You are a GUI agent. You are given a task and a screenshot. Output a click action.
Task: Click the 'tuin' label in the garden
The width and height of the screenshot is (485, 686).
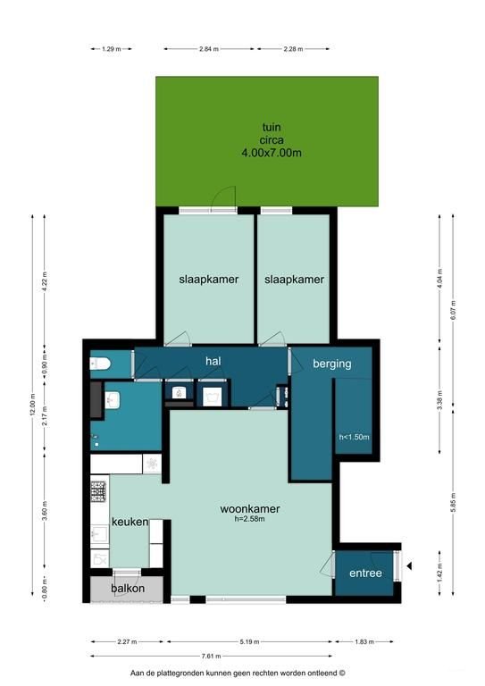pyautogui.click(x=271, y=127)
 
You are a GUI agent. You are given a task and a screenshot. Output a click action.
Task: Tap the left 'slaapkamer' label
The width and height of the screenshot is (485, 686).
pyautogui.click(x=208, y=280)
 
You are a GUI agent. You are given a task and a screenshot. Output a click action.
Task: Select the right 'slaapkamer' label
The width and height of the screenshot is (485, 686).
pyautogui.click(x=294, y=280)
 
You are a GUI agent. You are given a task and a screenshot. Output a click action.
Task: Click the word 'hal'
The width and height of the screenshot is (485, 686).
pyautogui.click(x=213, y=361)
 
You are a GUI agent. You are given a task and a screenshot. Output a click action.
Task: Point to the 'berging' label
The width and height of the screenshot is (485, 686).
pyautogui.click(x=331, y=364)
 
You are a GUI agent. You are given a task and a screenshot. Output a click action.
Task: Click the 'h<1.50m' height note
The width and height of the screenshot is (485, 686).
pyautogui.click(x=354, y=437)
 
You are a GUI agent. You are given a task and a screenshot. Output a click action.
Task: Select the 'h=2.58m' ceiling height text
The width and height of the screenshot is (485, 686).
pyautogui.click(x=250, y=520)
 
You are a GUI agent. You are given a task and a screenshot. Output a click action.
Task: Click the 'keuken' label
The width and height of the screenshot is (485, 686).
pyautogui.click(x=130, y=522)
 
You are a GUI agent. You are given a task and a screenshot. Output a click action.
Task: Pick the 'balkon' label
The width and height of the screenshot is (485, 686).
pyautogui.click(x=128, y=590)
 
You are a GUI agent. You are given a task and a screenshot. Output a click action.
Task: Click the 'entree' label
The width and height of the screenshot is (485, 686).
pyautogui.click(x=365, y=573)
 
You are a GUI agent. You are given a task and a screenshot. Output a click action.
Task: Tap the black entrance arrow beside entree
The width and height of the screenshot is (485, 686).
pyautogui.click(x=409, y=565)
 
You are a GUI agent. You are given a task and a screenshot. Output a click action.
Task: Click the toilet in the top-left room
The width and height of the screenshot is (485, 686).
pyautogui.click(x=99, y=363)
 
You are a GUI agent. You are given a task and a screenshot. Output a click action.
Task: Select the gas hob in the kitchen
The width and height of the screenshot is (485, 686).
pyautogui.click(x=98, y=490)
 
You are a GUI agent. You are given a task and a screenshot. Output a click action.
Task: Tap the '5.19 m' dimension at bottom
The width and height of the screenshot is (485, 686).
pyautogui.click(x=250, y=641)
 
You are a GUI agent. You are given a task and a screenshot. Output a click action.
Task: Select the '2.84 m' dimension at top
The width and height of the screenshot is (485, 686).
pyautogui.click(x=207, y=48)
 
